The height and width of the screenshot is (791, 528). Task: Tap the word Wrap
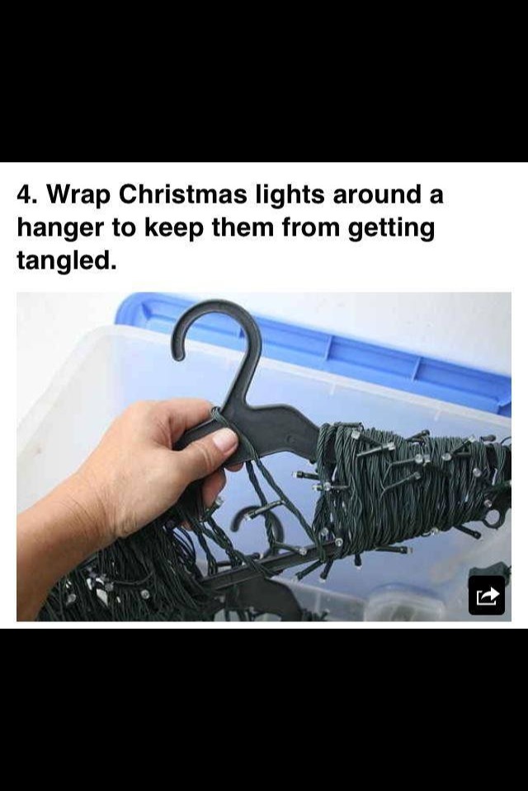(x=78, y=195)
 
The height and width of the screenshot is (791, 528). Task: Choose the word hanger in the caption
(x=60, y=228)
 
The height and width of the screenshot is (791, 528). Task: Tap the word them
(x=245, y=228)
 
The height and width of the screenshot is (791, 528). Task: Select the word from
(x=313, y=228)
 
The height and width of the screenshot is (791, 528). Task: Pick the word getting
(x=390, y=229)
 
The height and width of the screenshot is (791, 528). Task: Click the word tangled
(x=62, y=261)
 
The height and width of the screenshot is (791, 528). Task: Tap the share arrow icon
(x=487, y=595)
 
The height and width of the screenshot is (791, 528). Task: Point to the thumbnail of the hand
(x=224, y=441)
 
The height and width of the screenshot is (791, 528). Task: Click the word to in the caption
(x=123, y=228)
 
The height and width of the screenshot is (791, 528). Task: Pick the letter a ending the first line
(x=436, y=195)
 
